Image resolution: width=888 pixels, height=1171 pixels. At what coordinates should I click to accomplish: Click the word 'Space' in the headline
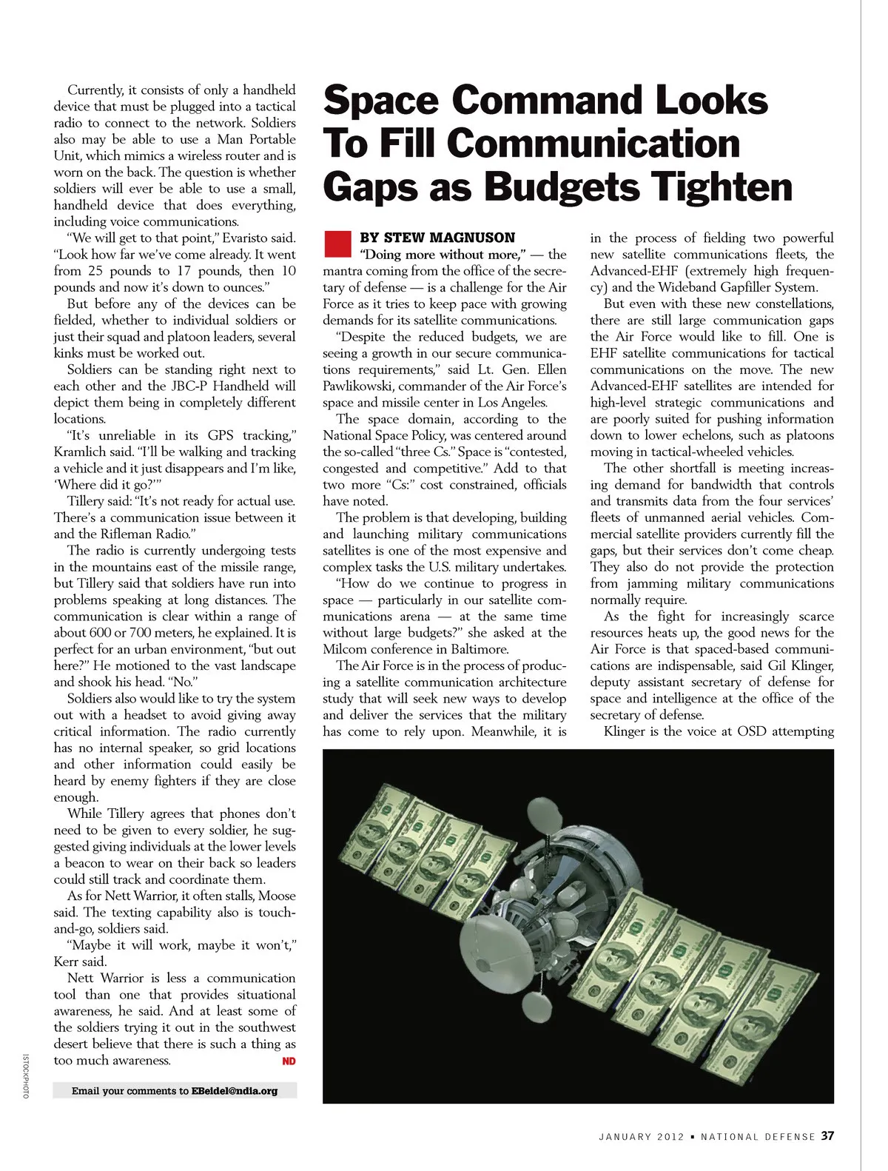click(381, 101)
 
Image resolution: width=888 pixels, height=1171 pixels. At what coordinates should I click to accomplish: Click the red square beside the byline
click(337, 244)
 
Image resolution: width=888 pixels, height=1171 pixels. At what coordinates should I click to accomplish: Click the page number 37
click(827, 1135)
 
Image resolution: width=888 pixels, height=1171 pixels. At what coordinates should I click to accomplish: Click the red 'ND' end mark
click(289, 1061)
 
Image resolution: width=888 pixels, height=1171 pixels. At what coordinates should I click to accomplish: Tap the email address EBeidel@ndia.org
click(235, 1090)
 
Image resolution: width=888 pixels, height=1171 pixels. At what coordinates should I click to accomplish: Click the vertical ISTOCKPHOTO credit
click(24, 1076)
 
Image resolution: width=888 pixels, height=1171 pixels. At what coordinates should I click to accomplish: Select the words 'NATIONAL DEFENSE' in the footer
click(758, 1136)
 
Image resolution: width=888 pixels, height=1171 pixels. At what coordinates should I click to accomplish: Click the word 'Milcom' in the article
click(345, 649)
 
